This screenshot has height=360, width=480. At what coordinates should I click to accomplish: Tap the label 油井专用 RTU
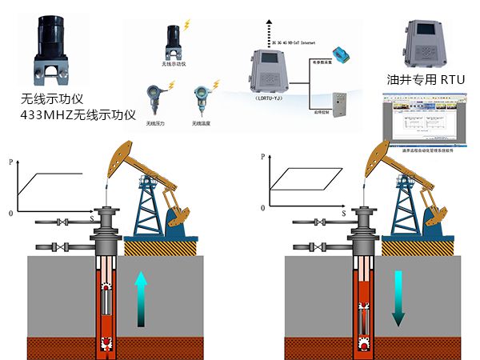click(424, 79)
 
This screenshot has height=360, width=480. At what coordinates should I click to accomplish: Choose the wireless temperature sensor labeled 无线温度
click(200, 99)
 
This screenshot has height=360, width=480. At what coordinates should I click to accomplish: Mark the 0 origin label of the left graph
click(10, 214)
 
